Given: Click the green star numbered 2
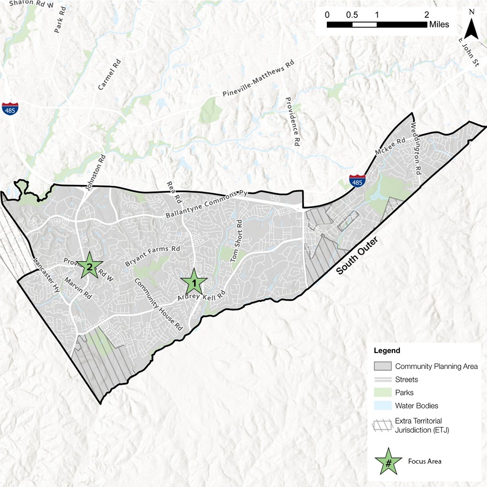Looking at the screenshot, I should tap(89, 265).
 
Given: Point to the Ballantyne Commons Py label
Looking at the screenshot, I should tap(208, 205).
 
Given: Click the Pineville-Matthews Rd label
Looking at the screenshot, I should tap(258, 79).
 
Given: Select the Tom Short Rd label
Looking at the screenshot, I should tap(237, 241).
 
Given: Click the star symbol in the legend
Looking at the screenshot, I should tap(388, 462).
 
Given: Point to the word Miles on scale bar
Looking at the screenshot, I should tap(439, 24).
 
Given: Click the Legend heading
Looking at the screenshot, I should tap(387, 351).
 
